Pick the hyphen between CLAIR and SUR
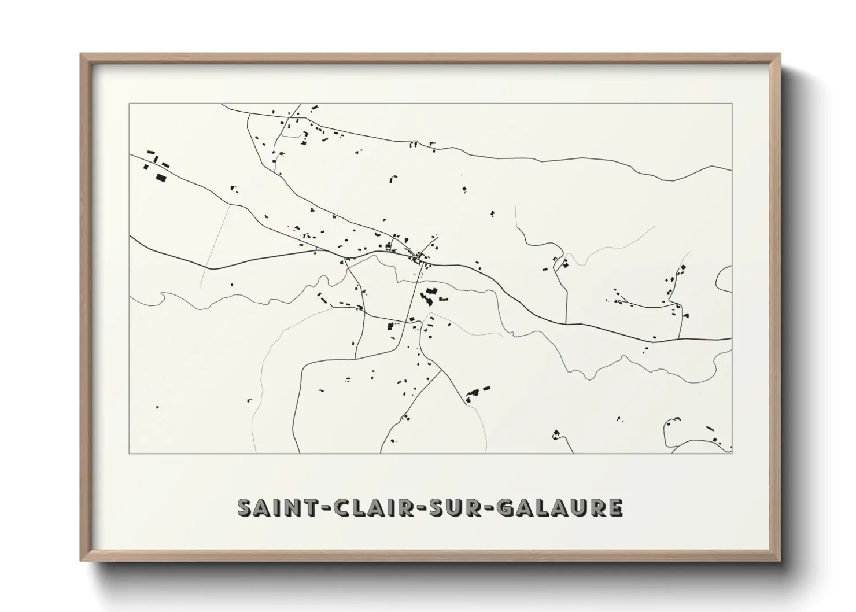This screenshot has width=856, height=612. (410, 508)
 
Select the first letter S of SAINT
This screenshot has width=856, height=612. (245, 507)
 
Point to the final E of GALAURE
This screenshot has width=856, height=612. (615, 507)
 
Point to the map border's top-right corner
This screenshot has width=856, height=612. (732, 104)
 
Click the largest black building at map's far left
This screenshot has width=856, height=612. (161, 177)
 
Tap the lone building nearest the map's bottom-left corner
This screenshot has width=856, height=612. (157, 407)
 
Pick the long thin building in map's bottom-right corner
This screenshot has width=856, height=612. (710, 428)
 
